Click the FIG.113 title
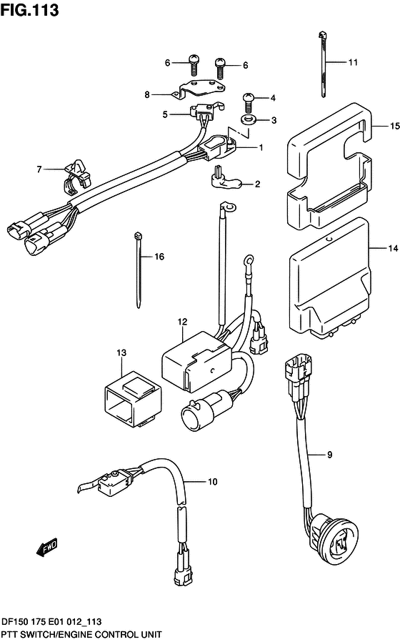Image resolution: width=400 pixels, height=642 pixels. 29,10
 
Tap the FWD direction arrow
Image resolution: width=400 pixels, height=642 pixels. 46,548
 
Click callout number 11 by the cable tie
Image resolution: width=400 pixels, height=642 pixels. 353,62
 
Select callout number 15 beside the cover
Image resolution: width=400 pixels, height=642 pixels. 394,126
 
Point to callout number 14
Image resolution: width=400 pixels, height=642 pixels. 393,248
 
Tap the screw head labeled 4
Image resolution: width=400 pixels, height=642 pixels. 249,97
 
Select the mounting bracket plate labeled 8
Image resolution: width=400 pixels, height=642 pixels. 199,89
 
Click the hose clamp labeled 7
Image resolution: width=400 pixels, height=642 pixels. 77,177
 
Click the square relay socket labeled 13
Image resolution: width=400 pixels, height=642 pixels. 130,400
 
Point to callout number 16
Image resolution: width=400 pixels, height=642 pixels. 159,257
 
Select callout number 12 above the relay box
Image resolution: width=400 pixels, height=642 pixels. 182,322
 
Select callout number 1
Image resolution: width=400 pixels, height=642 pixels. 261,147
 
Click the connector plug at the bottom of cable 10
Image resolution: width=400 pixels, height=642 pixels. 182,571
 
